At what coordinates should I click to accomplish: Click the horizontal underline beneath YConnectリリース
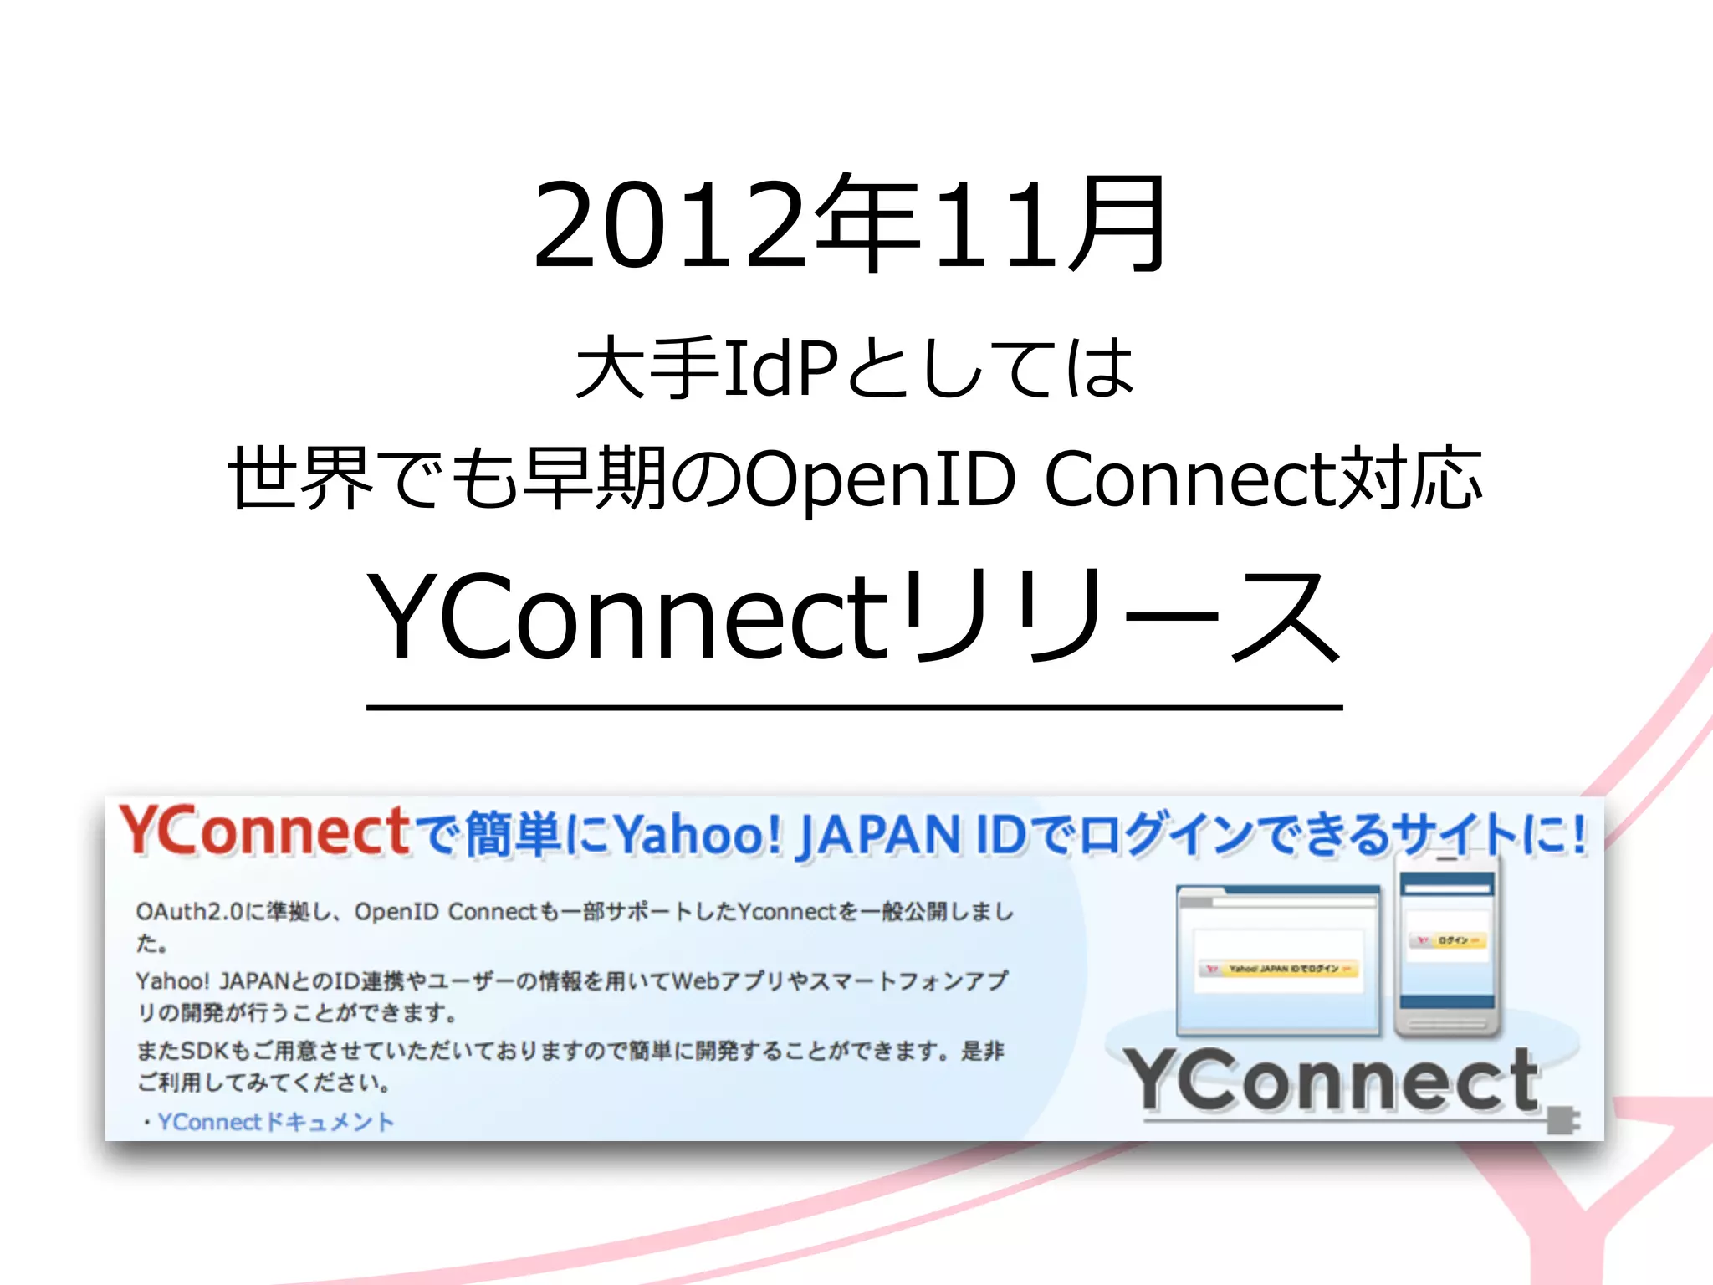(853, 708)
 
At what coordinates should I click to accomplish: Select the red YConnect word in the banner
(264, 832)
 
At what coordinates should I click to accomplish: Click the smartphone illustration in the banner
(1447, 945)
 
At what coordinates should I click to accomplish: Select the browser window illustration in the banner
(1277, 959)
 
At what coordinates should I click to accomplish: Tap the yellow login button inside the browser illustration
(1279, 969)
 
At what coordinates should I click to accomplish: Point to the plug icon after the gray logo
(1561, 1119)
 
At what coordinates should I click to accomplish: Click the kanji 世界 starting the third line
(299, 479)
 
